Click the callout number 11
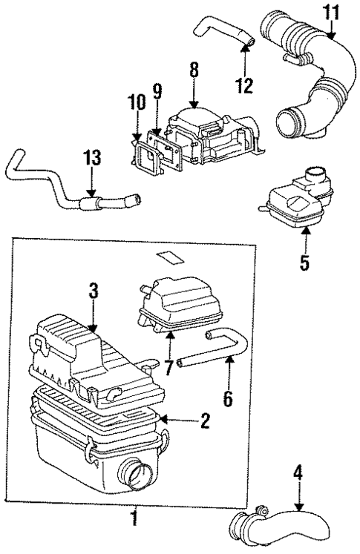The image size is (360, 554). [330, 13]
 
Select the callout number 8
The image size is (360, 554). [194, 72]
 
